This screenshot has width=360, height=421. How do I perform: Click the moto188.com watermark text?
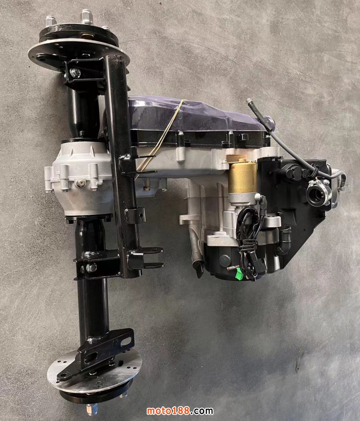tap(180, 411)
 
